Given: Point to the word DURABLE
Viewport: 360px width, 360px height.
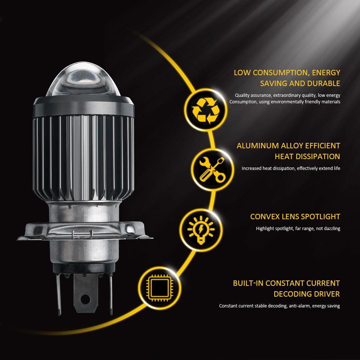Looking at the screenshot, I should click(323, 84).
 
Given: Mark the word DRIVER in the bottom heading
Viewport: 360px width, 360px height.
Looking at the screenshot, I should click(326, 294).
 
